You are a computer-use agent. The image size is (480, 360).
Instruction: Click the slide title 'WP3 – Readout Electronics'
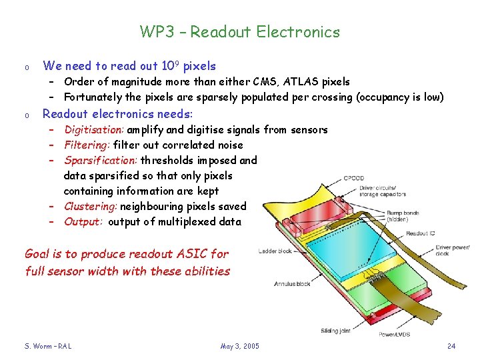240,32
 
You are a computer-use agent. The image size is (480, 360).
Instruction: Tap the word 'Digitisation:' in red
94,130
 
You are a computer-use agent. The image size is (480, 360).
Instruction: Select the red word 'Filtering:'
87,145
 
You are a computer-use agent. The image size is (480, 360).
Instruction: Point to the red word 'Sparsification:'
101,161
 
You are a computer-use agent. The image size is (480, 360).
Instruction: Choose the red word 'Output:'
83,222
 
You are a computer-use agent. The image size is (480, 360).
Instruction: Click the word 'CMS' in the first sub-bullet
267,82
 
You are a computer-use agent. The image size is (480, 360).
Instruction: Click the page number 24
451,346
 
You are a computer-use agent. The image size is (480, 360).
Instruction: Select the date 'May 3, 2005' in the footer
240,346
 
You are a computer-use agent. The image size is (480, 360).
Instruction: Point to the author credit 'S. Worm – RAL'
48,346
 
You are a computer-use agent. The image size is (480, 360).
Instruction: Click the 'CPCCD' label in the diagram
354,178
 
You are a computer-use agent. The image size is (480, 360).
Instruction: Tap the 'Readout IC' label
421,233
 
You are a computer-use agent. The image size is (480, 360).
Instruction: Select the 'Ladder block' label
275,251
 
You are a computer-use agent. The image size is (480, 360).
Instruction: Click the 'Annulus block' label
292,284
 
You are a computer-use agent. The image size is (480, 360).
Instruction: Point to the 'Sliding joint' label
336,331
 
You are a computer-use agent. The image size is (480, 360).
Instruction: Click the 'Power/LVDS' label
395,334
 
